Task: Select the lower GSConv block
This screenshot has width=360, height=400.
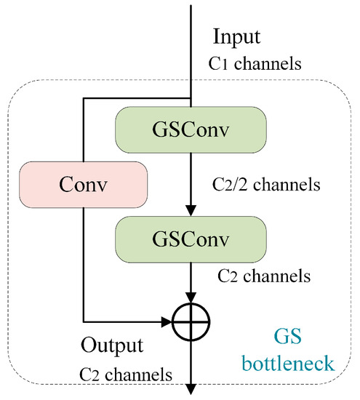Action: (x=191, y=239)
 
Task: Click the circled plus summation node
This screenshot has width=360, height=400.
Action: (x=191, y=319)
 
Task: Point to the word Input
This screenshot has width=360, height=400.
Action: (x=236, y=36)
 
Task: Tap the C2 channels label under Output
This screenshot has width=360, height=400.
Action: (x=125, y=375)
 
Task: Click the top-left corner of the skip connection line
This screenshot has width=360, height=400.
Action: (x=84, y=101)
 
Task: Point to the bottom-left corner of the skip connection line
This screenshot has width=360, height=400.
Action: (x=84, y=319)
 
